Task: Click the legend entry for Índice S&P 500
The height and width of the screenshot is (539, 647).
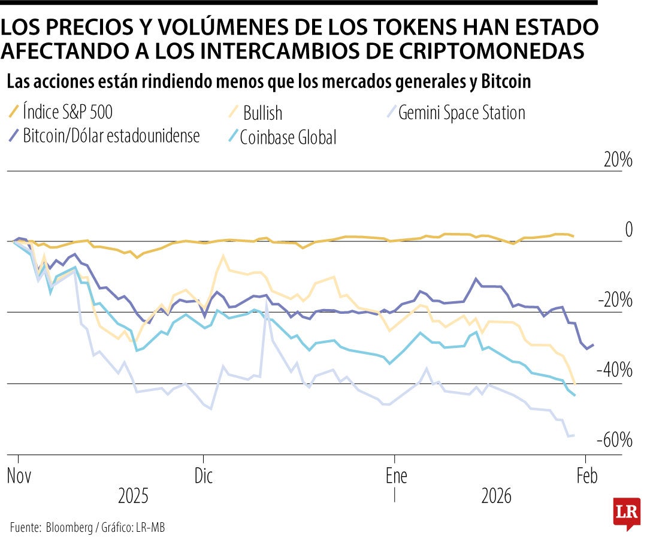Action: click(x=67, y=112)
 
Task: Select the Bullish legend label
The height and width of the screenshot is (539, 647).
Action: click(x=262, y=113)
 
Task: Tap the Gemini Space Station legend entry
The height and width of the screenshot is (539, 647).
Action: click(x=461, y=113)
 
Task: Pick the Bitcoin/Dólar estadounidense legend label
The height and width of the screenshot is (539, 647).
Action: click(x=111, y=135)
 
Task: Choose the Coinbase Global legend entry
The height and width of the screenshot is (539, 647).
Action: click(x=288, y=137)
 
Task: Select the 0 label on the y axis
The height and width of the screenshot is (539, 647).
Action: click(x=628, y=229)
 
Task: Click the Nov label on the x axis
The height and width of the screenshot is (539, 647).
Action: click(x=19, y=476)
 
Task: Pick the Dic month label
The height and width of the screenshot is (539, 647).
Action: click(x=204, y=476)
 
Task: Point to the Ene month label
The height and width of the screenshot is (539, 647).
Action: click(x=396, y=476)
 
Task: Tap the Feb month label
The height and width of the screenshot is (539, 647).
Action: click(x=586, y=476)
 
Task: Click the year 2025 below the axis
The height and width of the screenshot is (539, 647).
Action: click(x=133, y=496)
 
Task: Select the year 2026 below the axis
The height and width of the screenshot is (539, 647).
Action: click(x=497, y=496)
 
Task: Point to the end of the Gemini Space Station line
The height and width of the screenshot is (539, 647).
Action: click(x=574, y=435)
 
